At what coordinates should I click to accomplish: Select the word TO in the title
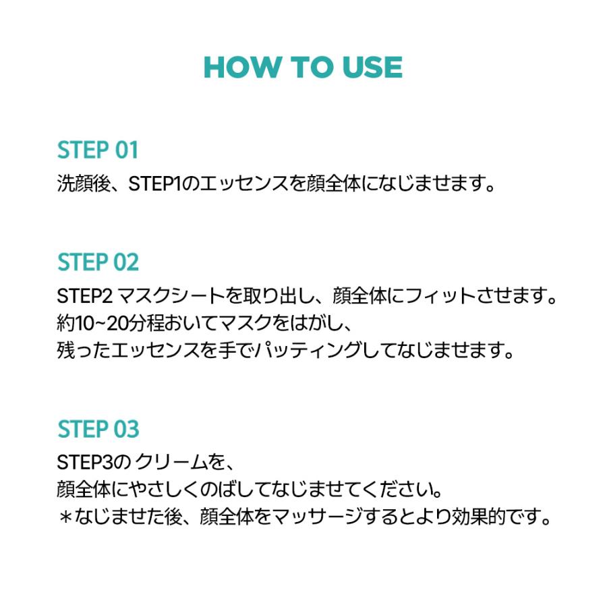(308, 67)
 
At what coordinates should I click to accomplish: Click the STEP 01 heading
(98, 150)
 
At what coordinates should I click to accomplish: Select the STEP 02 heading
(98, 262)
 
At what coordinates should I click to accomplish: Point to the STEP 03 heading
(98, 429)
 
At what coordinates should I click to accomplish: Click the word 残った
(87, 351)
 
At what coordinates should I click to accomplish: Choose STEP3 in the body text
(82, 463)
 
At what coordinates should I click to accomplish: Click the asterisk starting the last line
(65, 518)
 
